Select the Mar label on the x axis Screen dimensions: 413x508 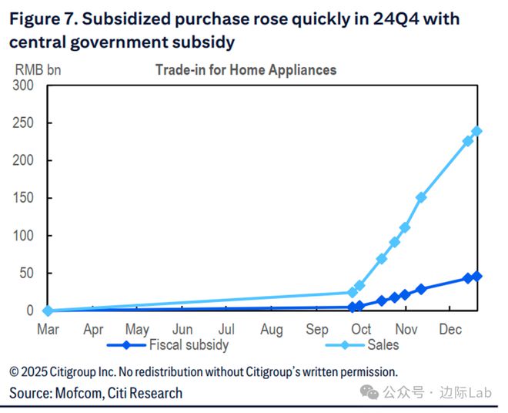[x=48, y=330]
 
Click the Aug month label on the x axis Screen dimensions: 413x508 [x=272, y=330]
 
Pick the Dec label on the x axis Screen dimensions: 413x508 [x=450, y=330]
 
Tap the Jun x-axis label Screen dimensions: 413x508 [x=182, y=330]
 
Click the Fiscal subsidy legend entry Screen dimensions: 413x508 [x=188, y=345]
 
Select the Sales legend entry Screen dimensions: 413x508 [x=383, y=345]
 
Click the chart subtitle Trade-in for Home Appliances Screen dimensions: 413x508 [x=246, y=70]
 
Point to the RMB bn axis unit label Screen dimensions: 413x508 [x=38, y=69]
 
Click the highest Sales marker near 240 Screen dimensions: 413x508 [x=476, y=131]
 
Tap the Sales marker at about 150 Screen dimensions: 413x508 [x=421, y=197]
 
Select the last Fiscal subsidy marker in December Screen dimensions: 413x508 [x=476, y=276]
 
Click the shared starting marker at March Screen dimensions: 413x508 [x=48, y=311]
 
